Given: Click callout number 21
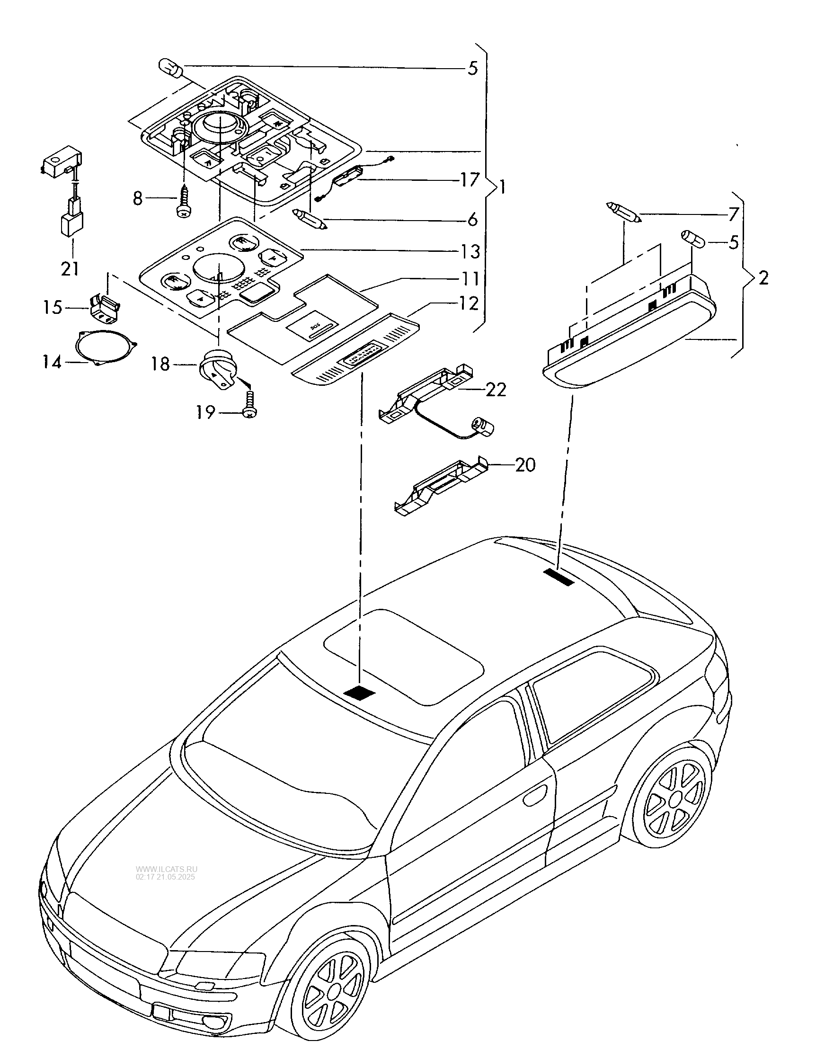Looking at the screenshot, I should coord(70,268).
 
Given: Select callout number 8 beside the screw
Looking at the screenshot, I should coord(138,197).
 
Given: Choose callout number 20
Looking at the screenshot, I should coord(525,465).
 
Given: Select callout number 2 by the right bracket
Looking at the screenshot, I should coord(763,278).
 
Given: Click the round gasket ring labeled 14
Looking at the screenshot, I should coord(106,347).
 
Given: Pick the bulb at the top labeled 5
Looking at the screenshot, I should coord(170,70).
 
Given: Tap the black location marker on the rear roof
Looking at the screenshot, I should coord(559,577).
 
